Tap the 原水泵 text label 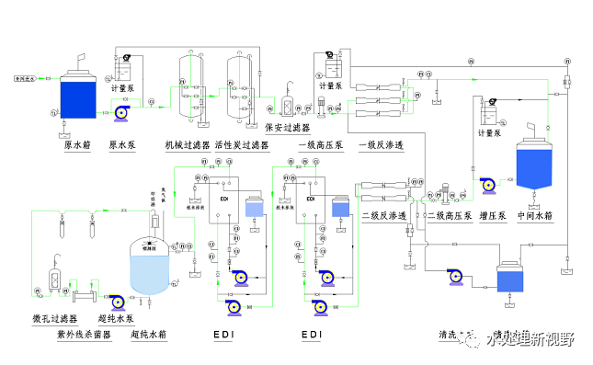123,144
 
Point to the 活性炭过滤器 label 241,144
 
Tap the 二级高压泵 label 449,216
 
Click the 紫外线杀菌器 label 85,336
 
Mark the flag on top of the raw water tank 83,61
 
